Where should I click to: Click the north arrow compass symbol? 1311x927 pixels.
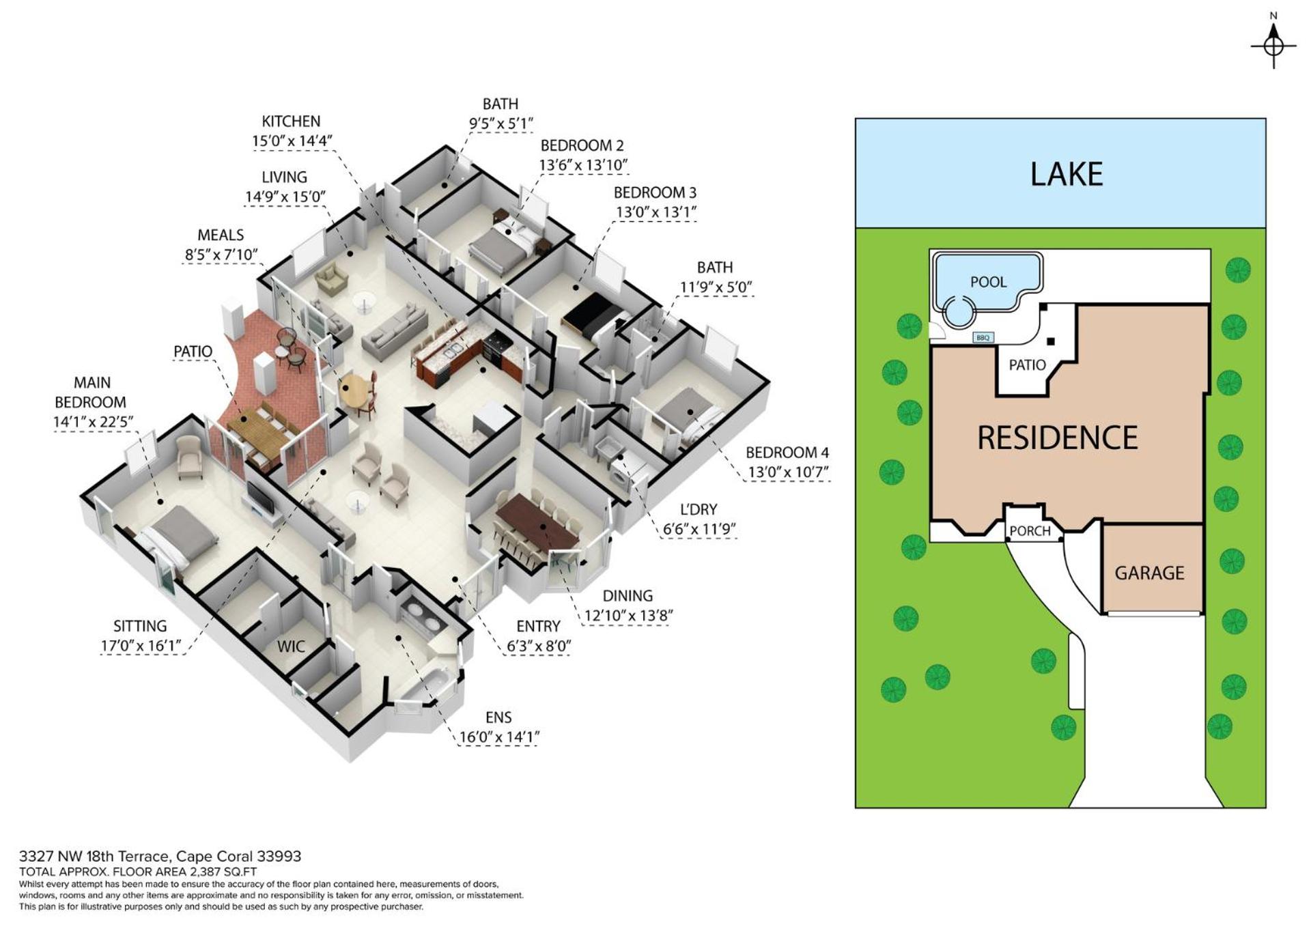(x=1273, y=46)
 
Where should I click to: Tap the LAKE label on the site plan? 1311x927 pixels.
(x=1066, y=174)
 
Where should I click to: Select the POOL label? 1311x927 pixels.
(x=988, y=282)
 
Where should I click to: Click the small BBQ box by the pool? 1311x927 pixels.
(x=983, y=338)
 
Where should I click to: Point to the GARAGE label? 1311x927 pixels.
(x=1149, y=573)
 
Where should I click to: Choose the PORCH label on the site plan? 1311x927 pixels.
(x=1030, y=531)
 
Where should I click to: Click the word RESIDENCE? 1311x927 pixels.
(x=1058, y=438)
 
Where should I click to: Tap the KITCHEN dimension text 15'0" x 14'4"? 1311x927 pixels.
(x=292, y=141)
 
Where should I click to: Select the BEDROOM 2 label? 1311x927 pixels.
(x=582, y=145)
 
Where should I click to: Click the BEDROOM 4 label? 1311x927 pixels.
(x=787, y=453)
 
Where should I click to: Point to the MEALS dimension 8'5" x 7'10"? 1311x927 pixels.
(x=221, y=255)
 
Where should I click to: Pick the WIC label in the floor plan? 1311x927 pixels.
(x=291, y=646)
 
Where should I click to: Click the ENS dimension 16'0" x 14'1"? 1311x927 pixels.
(x=498, y=737)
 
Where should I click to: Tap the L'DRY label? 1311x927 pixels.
(x=699, y=509)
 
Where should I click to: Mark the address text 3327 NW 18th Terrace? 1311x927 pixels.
(x=96, y=856)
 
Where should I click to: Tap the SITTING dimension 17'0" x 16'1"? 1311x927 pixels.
(x=141, y=645)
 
